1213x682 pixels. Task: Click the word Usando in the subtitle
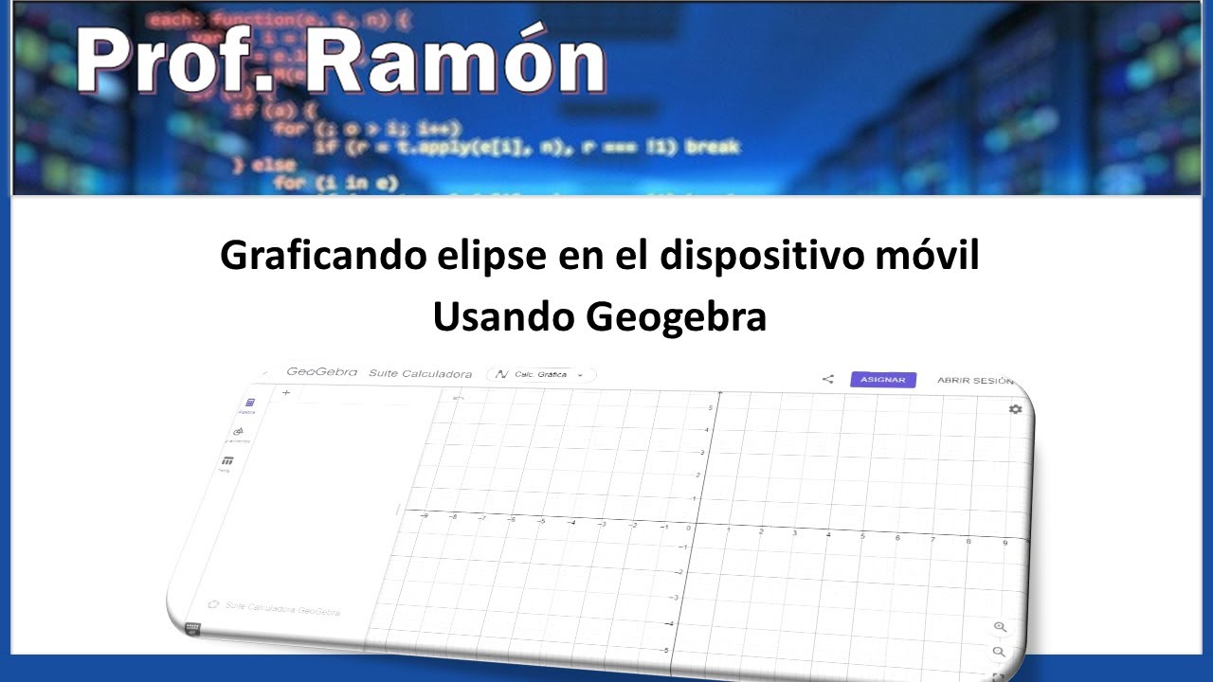(502, 318)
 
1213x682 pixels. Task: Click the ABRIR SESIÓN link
(975, 380)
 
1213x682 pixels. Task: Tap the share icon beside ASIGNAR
(827, 379)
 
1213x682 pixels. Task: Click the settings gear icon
(1016, 408)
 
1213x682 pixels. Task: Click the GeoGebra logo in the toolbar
(321, 372)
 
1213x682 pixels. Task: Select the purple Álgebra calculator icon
(250, 403)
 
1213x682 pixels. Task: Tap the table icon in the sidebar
(226, 460)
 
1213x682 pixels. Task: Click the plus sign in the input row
(286, 392)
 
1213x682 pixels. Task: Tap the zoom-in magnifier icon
(1000, 627)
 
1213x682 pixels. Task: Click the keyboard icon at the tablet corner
(192, 628)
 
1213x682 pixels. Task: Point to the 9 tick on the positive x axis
(1005, 543)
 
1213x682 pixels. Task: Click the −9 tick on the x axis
(424, 515)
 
